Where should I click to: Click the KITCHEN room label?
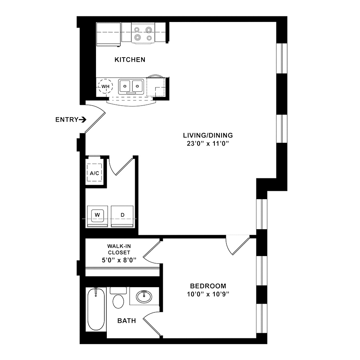(x=130, y=60)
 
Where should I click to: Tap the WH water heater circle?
(x=105, y=86)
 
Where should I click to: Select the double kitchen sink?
(x=131, y=86)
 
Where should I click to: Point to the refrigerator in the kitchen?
(x=108, y=34)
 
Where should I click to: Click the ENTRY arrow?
(x=82, y=119)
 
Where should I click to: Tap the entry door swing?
(x=95, y=119)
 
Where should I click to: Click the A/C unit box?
(x=94, y=173)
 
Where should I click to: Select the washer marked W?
(x=97, y=216)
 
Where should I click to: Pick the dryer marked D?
(x=122, y=216)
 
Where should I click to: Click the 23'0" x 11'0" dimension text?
(x=208, y=144)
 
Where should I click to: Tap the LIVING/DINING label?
(x=208, y=135)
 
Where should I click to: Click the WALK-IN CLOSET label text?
(x=119, y=249)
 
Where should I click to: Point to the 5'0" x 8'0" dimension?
(x=119, y=260)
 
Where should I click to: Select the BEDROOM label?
(x=208, y=286)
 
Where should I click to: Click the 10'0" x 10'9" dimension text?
(x=208, y=294)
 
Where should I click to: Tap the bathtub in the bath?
(x=96, y=309)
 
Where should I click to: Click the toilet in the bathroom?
(x=118, y=298)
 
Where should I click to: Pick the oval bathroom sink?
(x=144, y=297)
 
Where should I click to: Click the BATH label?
(x=126, y=321)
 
